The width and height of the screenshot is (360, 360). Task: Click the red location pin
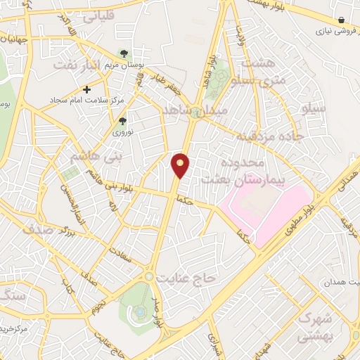(x=181, y=165)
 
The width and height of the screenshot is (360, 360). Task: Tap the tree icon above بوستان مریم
(x=124, y=53)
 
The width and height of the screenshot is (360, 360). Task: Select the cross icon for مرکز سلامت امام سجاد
(x=86, y=89)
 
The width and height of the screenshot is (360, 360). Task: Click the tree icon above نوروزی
(x=123, y=121)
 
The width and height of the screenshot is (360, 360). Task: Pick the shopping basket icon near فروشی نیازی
(x=341, y=20)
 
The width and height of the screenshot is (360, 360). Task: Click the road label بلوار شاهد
(x=211, y=74)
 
